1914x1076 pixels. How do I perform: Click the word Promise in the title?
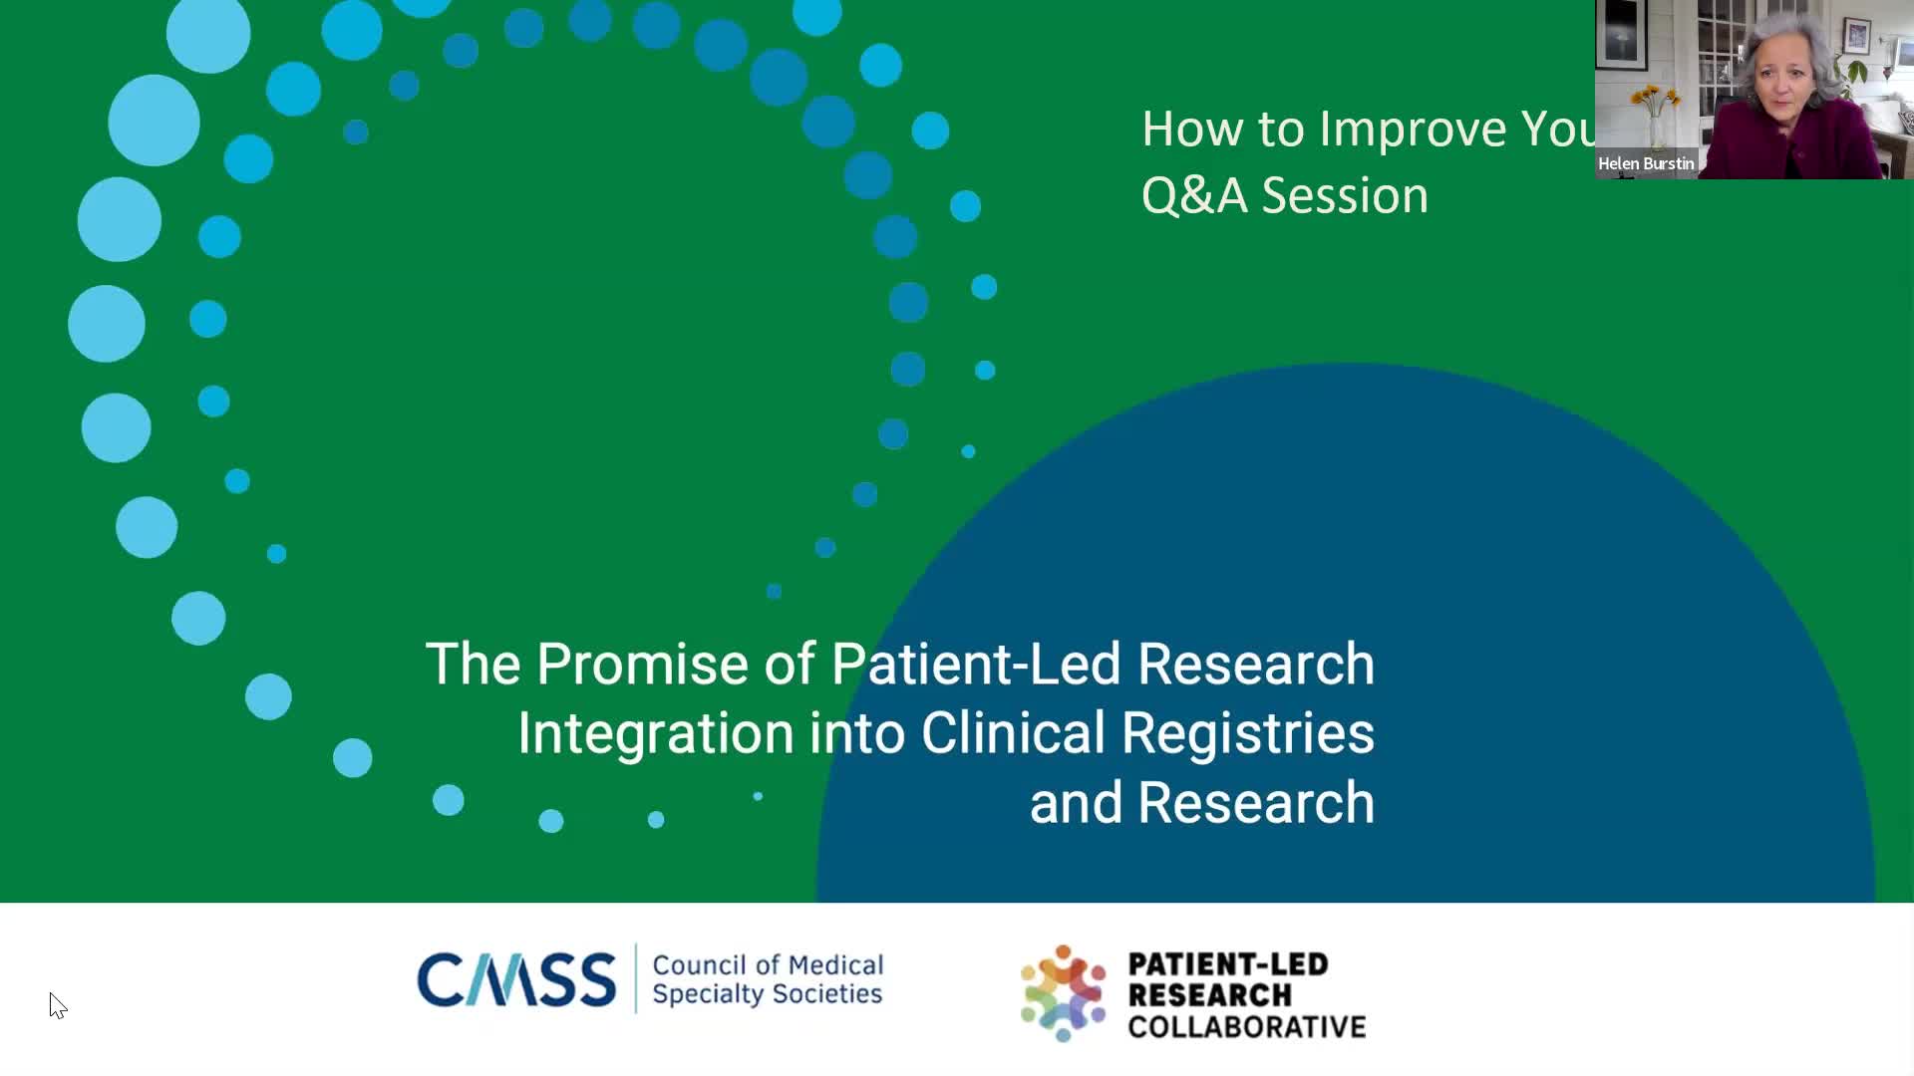click(x=642, y=665)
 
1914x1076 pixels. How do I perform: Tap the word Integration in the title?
click(x=656, y=734)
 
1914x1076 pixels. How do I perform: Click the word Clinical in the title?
click(x=1013, y=733)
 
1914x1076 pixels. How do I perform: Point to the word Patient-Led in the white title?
click(x=976, y=664)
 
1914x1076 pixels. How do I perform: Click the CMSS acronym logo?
click(x=516, y=979)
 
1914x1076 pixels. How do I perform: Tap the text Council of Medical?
click(x=768, y=965)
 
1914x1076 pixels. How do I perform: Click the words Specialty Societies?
click(x=768, y=994)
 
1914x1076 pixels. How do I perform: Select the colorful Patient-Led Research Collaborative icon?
click(x=1064, y=993)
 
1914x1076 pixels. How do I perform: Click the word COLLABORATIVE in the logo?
click(x=1247, y=1027)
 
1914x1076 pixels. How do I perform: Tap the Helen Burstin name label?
click(x=1646, y=163)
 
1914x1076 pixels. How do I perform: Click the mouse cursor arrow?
click(x=57, y=1005)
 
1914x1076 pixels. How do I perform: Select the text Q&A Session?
click(x=1285, y=195)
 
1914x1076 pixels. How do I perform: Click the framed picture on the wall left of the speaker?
click(x=1622, y=35)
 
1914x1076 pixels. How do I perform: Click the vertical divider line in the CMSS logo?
click(x=635, y=978)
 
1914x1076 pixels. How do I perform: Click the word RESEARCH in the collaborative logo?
click(x=1210, y=995)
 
